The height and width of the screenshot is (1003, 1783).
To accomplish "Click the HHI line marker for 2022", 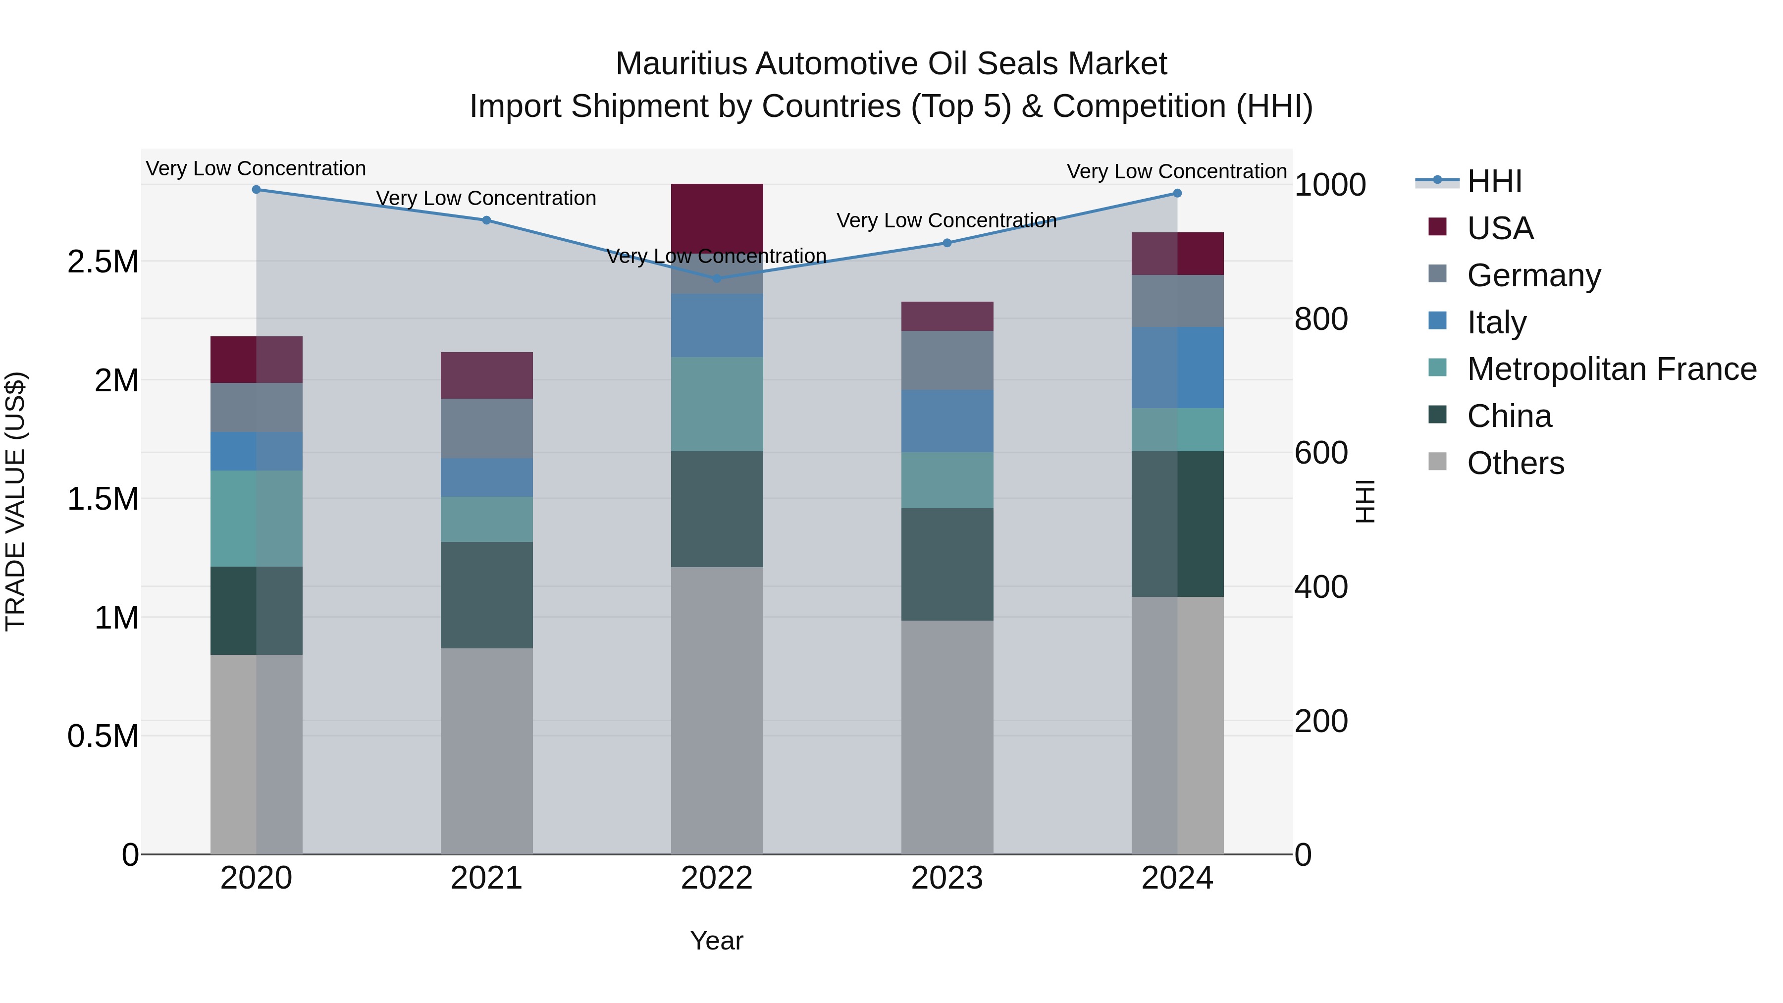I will click(x=717, y=278).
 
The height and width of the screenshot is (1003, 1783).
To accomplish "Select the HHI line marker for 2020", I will click(x=256, y=189).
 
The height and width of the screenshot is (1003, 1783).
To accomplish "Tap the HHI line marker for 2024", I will click(x=1177, y=193).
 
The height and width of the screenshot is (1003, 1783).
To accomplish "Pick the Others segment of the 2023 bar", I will click(x=947, y=737).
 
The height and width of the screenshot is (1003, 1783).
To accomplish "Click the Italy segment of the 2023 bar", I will click(x=947, y=421).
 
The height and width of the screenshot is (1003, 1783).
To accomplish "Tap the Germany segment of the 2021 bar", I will click(x=486, y=428).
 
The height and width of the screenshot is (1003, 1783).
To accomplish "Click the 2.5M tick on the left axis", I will click(x=103, y=262).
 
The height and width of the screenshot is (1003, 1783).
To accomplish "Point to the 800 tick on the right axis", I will click(x=1320, y=319).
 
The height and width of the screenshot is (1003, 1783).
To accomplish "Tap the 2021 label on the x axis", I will click(x=486, y=878).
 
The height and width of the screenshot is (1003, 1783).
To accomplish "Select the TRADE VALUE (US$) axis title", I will click(x=15, y=501).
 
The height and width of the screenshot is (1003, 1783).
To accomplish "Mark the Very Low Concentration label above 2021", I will click(x=486, y=198).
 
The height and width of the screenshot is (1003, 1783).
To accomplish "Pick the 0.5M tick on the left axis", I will click(x=103, y=737).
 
